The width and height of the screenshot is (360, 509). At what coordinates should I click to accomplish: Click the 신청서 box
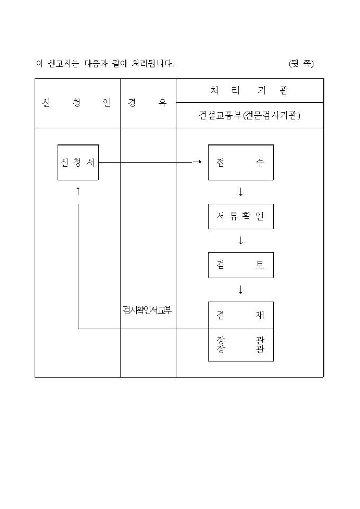pos(78,162)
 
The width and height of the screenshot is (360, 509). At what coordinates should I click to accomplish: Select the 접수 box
pos(240,162)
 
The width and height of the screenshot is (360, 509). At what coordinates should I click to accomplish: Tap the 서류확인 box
pos(240,216)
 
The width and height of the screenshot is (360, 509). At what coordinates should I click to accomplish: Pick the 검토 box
pos(240,265)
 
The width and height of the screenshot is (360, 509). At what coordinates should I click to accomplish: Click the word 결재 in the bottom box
pos(240,315)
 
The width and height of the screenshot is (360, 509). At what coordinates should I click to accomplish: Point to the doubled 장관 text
pos(240,344)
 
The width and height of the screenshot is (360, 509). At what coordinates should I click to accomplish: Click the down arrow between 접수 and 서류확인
pos(241,192)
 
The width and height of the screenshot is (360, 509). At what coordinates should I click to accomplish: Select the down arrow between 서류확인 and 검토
pos(241,241)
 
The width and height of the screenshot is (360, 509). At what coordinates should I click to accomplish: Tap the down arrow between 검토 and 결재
pos(241,289)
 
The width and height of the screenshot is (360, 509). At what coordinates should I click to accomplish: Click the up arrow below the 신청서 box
pos(78,192)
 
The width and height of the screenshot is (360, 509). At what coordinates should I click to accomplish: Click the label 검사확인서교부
pos(147,311)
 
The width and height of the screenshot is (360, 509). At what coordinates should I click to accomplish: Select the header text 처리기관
pos(249,90)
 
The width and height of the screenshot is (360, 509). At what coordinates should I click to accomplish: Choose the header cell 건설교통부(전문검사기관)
pos(249,115)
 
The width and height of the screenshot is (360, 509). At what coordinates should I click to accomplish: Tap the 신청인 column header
pos(77,103)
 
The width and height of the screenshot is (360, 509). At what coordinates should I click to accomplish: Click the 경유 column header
pos(147,103)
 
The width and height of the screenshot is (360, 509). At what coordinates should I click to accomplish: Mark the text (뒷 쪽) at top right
pos(301,63)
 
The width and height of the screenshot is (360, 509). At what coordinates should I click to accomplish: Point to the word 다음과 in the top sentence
pos(97,63)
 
